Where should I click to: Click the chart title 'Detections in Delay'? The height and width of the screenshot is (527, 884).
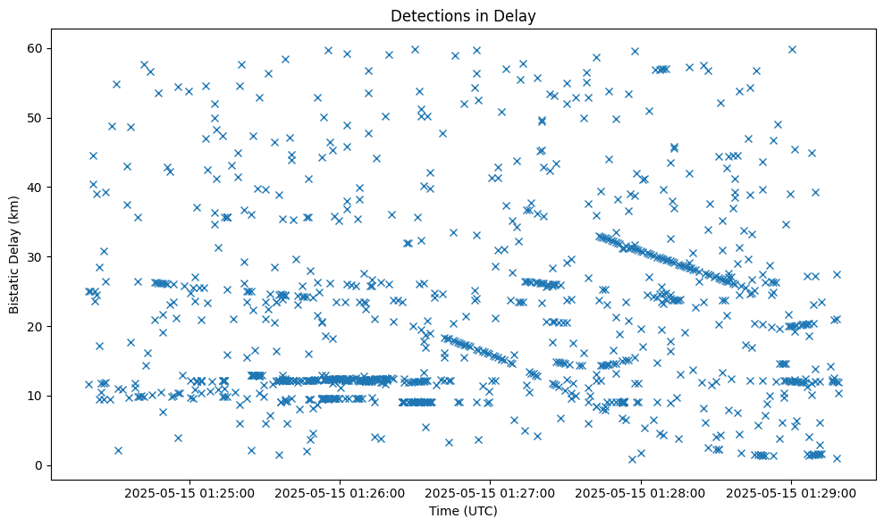pyautogui.click(x=463, y=15)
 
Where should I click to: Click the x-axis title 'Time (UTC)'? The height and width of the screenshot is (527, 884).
pyautogui.click(x=462, y=512)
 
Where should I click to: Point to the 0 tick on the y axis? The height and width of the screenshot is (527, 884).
pyautogui.click(x=40, y=465)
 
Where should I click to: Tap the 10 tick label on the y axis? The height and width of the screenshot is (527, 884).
pyautogui.click(x=37, y=396)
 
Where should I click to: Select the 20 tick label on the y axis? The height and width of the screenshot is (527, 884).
pyautogui.click(x=37, y=326)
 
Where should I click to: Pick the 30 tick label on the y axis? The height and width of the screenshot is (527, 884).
pyautogui.click(x=37, y=256)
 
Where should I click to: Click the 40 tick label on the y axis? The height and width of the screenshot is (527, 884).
pyautogui.click(x=37, y=187)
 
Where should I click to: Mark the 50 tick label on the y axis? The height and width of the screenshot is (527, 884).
pyautogui.click(x=37, y=117)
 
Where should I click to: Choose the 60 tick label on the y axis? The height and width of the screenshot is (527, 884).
pyautogui.click(x=37, y=47)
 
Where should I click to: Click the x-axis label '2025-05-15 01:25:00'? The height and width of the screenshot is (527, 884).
pyautogui.click(x=189, y=492)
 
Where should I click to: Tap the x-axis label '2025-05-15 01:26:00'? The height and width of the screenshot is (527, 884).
pyautogui.click(x=341, y=492)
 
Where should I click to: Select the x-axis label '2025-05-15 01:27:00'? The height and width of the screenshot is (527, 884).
pyautogui.click(x=491, y=492)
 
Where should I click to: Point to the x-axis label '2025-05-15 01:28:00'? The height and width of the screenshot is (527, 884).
pyautogui.click(x=641, y=492)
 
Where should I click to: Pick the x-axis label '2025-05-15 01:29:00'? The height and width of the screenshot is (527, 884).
pyautogui.click(x=791, y=492)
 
